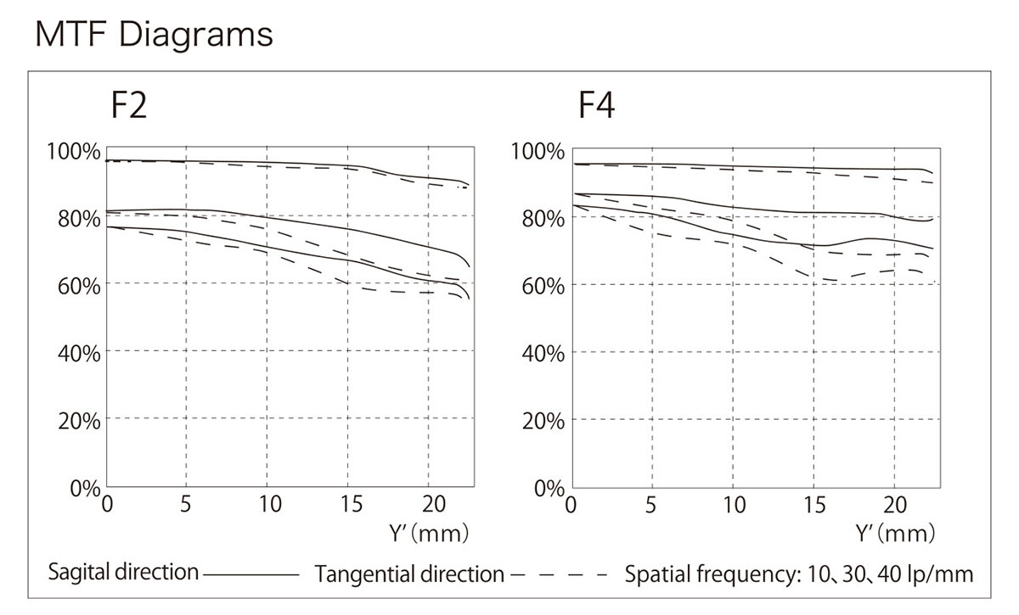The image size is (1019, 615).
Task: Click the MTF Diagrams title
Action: point(154,36)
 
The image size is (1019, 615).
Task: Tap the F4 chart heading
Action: point(596,108)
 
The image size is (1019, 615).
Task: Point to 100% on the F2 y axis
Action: point(73,152)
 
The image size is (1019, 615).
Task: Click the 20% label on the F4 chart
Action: point(543,421)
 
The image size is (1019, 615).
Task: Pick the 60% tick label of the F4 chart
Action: point(543,285)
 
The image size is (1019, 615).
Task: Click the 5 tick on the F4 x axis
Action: point(651,506)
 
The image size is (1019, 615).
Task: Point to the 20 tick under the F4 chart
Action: point(894,506)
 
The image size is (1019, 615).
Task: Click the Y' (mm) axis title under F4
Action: point(895,534)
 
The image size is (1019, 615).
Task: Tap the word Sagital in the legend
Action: point(79,573)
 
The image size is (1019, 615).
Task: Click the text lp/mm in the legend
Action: point(943,574)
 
